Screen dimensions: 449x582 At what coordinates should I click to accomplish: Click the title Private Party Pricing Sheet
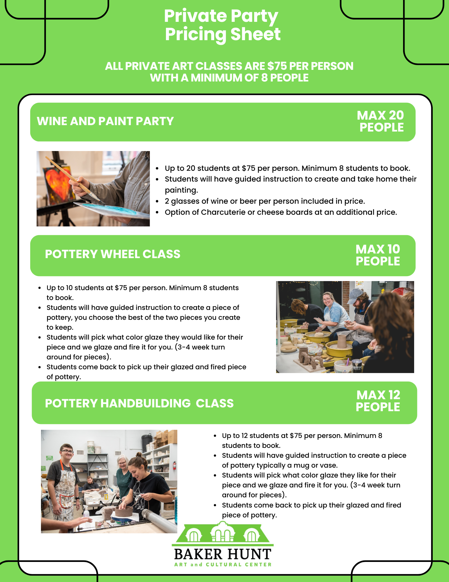pos(222,25)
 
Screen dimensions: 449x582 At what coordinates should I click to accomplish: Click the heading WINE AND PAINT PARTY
pos(105,121)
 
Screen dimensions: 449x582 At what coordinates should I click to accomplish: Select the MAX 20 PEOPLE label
pos(381,121)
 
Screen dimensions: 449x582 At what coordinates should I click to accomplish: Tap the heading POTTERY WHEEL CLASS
pos(113,254)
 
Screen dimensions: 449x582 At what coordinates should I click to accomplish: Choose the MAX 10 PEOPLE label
pos(378,255)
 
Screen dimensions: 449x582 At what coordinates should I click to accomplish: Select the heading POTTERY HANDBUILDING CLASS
pos(139,403)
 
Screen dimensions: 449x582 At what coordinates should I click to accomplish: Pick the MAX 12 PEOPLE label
pos(378,401)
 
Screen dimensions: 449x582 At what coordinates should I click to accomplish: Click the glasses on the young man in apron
pos(67,451)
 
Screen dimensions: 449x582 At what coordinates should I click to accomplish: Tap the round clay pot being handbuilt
pos(124,511)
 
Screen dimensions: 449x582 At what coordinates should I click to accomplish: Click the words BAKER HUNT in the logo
pos(223,554)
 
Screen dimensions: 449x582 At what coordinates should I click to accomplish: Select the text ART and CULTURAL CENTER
pos(223,565)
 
